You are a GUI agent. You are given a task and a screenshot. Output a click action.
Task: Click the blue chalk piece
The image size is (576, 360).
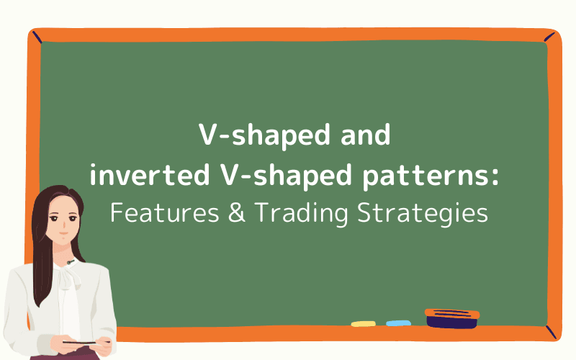[398, 323]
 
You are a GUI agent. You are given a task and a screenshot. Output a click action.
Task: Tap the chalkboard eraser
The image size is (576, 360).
[451, 318]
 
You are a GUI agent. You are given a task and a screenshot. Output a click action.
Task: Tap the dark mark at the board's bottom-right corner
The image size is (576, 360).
[550, 332]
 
